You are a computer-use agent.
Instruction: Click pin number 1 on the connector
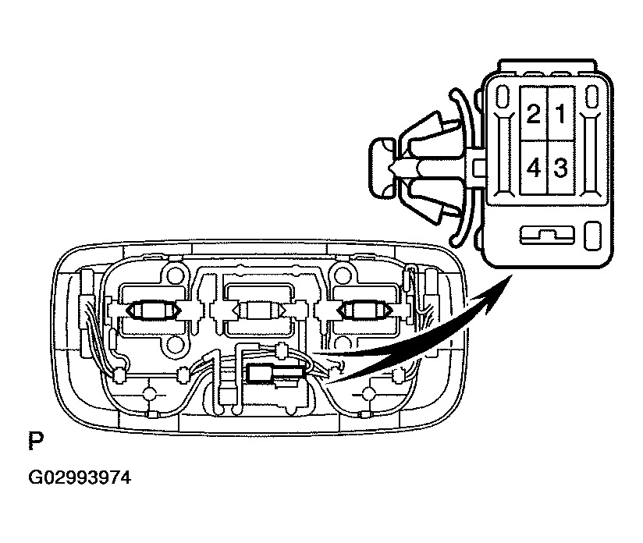(560, 113)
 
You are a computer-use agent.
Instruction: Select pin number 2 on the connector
(534, 113)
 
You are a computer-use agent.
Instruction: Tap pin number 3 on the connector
(560, 168)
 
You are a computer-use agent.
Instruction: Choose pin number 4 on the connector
(534, 168)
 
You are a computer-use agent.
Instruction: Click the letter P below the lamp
(36, 441)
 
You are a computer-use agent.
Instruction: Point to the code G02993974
(80, 478)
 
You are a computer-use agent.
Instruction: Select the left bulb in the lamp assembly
(154, 311)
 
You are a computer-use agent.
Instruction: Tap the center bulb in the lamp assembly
(259, 311)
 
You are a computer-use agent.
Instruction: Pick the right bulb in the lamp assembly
(364, 311)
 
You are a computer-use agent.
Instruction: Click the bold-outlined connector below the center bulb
(276, 374)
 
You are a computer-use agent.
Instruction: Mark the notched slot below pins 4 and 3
(547, 236)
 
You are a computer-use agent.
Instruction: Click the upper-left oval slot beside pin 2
(501, 98)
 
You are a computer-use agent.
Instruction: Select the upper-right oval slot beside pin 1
(591, 98)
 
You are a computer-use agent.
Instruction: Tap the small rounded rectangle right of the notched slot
(592, 236)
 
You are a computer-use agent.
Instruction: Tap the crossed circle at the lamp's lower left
(148, 394)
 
